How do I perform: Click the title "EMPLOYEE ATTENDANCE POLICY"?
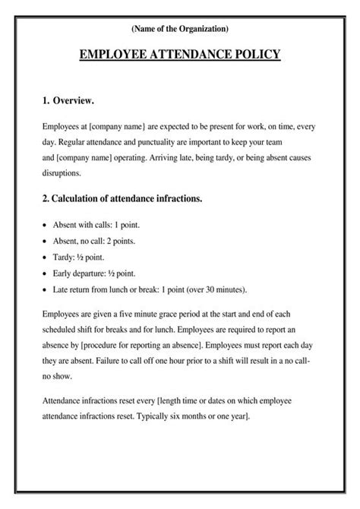coord(179,55)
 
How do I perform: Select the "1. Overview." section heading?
coord(68,100)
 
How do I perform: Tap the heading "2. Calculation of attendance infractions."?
coord(122,199)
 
